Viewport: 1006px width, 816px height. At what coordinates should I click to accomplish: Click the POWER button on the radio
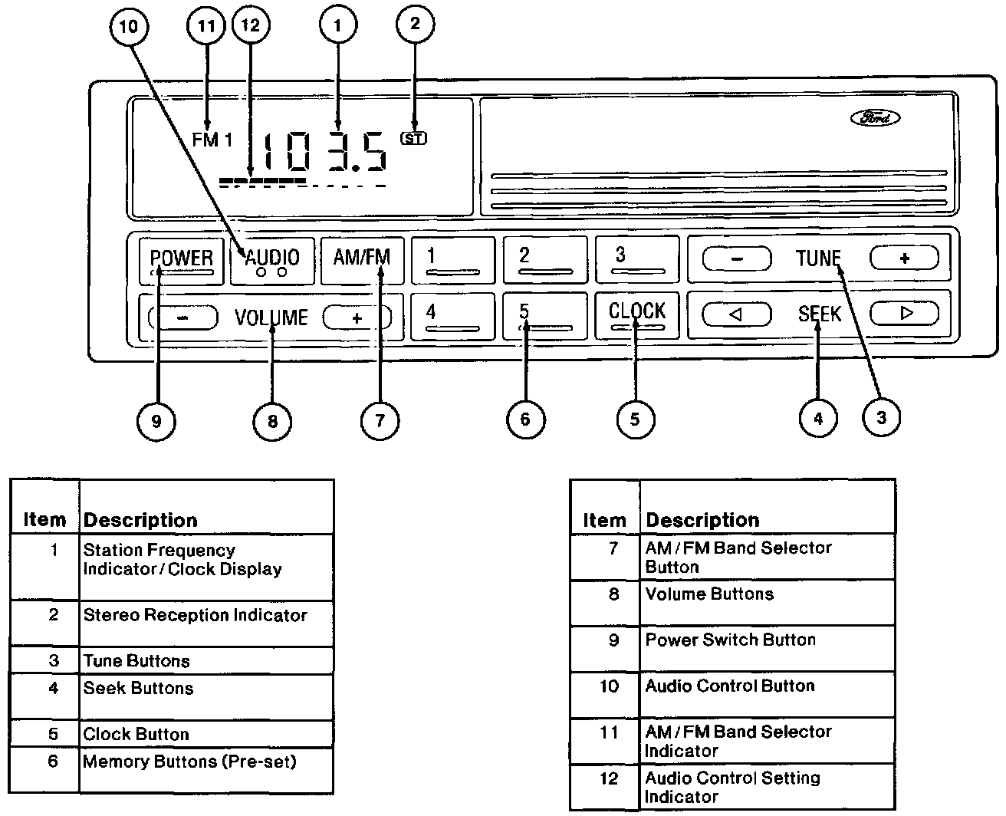click(x=182, y=262)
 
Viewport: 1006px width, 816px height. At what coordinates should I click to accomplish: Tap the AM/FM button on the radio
click(x=362, y=261)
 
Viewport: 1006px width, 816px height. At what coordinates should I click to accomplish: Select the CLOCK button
click(x=636, y=315)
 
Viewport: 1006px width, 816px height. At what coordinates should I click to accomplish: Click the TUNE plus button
click(x=904, y=258)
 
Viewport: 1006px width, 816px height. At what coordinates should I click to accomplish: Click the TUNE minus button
click(x=737, y=258)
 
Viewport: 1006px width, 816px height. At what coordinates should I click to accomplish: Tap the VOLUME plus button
click(x=357, y=318)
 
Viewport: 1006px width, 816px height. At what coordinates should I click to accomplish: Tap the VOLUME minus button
click(x=183, y=318)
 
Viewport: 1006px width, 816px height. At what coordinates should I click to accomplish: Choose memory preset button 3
click(x=637, y=260)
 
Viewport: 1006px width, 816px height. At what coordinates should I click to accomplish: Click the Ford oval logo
click(x=875, y=117)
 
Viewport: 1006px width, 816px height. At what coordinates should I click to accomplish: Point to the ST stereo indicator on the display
click(x=413, y=138)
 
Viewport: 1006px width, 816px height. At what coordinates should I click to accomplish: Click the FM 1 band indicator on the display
click(x=212, y=140)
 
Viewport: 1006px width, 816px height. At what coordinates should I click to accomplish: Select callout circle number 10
click(x=129, y=26)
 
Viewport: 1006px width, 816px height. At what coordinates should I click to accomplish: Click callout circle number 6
click(x=526, y=420)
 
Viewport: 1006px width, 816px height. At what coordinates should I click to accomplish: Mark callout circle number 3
click(x=881, y=417)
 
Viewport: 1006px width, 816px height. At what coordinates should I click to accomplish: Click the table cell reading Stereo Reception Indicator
click(x=206, y=624)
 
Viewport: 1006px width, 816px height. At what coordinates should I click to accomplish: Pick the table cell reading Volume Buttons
click(x=768, y=603)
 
